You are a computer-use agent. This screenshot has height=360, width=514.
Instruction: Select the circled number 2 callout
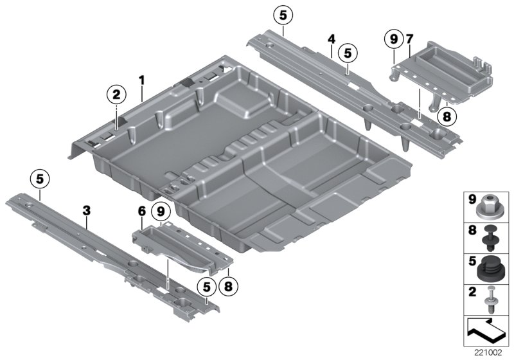[116, 96]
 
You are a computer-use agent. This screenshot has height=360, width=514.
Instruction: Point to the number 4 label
[331, 40]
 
